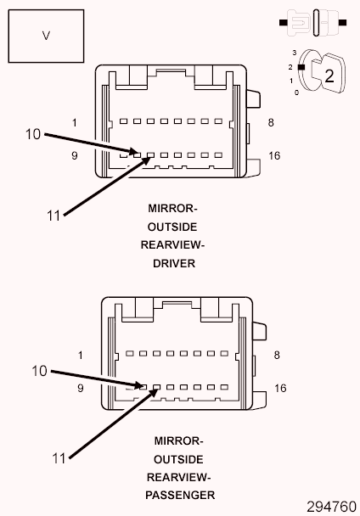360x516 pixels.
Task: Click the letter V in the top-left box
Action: [x=46, y=36]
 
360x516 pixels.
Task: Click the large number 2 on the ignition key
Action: [x=329, y=76]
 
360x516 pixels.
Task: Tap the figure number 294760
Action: [x=331, y=507]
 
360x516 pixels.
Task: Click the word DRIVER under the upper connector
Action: [x=174, y=263]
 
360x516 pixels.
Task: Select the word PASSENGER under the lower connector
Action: [x=180, y=496]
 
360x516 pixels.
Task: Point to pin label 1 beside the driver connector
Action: [x=75, y=123]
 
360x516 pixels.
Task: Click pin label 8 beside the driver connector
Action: [x=271, y=123]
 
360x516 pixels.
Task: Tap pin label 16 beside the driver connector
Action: [x=274, y=155]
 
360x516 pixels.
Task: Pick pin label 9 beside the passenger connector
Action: [x=81, y=389]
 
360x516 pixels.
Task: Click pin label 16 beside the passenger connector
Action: [x=280, y=389]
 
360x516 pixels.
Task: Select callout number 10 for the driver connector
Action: [x=33, y=134]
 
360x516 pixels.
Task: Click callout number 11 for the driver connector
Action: [x=53, y=216]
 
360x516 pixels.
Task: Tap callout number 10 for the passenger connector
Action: [x=39, y=371]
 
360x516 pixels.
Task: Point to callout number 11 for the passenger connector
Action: [x=59, y=458]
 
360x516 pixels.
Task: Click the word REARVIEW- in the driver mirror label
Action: [x=172, y=245]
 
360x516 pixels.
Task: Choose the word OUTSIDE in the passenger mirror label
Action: [x=178, y=459]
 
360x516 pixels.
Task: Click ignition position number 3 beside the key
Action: [x=295, y=53]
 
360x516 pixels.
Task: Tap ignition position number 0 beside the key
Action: [x=297, y=93]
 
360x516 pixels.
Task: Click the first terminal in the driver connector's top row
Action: [x=123, y=121]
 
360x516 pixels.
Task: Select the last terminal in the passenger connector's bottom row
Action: [x=224, y=387]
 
